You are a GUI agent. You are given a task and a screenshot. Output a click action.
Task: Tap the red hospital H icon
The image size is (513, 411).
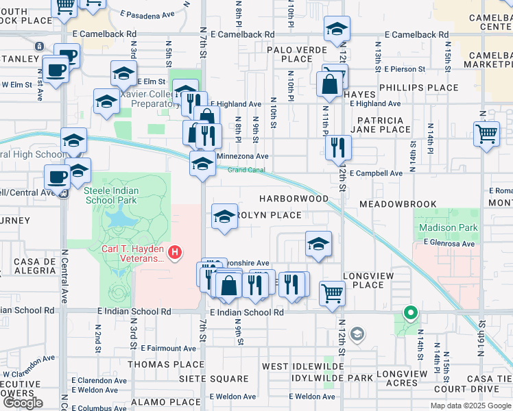(x=175, y=253)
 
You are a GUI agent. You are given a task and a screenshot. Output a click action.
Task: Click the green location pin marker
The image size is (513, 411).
(x=410, y=313)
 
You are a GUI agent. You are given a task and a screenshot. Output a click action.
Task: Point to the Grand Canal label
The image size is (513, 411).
(x=246, y=169)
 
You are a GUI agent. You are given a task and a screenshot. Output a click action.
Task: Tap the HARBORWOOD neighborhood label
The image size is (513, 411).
(x=294, y=199)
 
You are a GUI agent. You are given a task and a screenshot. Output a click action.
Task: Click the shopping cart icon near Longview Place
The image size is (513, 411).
(x=333, y=292)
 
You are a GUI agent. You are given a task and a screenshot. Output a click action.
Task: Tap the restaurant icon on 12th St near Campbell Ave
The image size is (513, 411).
(x=337, y=147)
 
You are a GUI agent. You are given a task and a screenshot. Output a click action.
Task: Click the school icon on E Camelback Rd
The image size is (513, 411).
(x=336, y=29)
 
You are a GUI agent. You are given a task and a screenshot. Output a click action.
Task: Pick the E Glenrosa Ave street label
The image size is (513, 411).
(x=449, y=243)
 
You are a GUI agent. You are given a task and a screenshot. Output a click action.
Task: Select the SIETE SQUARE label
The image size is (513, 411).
(x=214, y=379)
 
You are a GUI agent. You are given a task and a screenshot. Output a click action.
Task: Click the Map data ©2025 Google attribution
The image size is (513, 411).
(x=470, y=406)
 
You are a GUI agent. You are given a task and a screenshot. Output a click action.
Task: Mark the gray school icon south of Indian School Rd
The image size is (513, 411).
(x=356, y=334)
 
